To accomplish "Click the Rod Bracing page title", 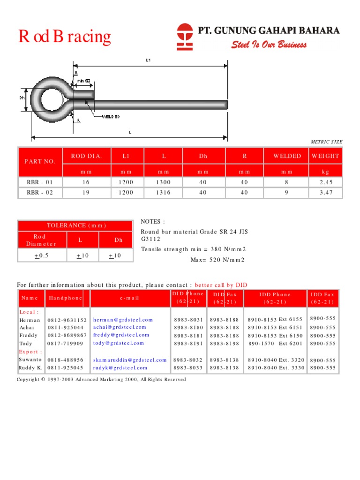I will coord(65,37).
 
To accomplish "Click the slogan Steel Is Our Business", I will coord(269,45).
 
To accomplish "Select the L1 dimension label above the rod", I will coord(148,60).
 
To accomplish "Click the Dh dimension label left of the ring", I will coord(22,98).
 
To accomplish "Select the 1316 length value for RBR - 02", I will coord(164,193).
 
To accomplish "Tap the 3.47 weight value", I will coord(325,193).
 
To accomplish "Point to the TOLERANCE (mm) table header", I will coord(75,225).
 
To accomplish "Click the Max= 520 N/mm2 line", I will coord(217,260).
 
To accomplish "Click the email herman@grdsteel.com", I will coord(123,319).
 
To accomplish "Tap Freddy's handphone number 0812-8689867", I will coord(67,336).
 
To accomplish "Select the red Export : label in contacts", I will coord(30,352).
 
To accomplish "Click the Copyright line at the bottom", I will coord(101,379).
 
